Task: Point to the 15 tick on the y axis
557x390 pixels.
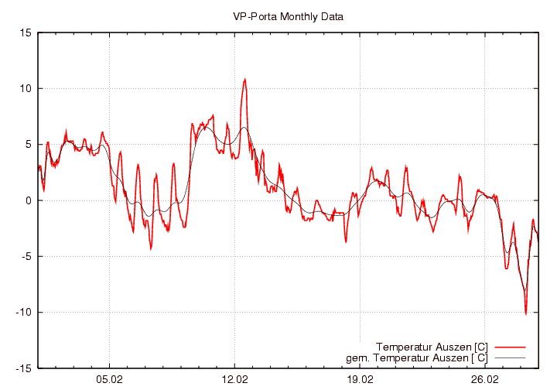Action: coord(26,32)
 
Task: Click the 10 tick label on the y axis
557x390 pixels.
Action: coord(26,88)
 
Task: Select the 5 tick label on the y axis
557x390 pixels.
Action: coord(28,145)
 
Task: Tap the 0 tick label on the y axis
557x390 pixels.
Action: coord(28,200)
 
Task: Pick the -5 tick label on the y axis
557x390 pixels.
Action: coord(26,256)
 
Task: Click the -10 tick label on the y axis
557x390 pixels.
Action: coord(23,313)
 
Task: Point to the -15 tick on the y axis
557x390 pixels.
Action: coord(23,368)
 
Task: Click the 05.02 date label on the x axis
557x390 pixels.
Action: coord(110,380)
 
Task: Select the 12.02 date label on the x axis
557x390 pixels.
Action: coord(234,380)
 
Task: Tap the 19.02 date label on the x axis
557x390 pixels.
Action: coord(360,380)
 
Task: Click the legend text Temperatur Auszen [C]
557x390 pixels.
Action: coord(431,346)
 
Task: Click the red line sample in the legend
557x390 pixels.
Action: coord(509,346)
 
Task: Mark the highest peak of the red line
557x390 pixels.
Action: coord(244,79)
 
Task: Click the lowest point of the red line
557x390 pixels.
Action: coord(525,314)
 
